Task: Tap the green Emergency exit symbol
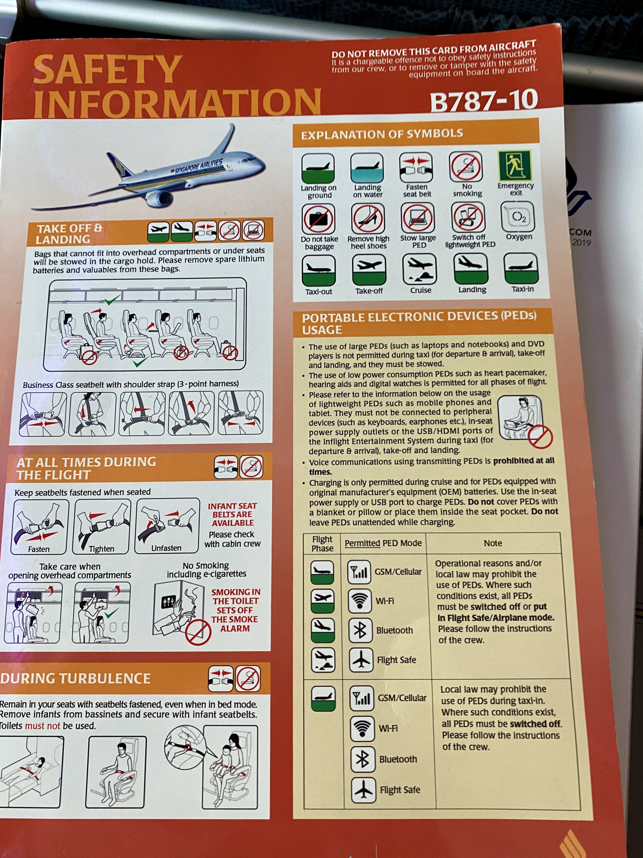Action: tap(515, 165)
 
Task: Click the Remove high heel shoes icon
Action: tap(368, 218)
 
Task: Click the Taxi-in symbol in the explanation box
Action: tap(521, 268)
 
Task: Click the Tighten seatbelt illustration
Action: tap(101, 526)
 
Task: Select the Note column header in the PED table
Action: tap(493, 543)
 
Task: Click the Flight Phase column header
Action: tap(322, 544)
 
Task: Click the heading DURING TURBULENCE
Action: tap(75, 678)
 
